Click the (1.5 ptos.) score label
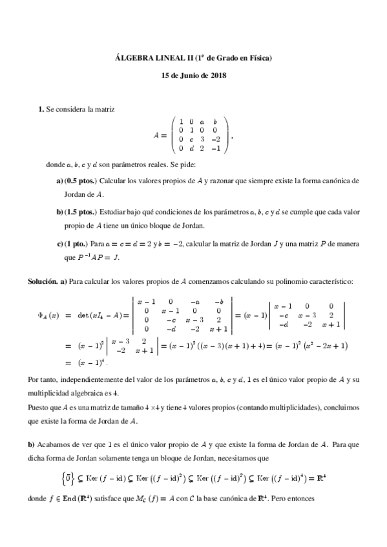pyautogui.click(x=81, y=212)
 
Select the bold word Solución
pyautogui.click(x=43, y=282)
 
